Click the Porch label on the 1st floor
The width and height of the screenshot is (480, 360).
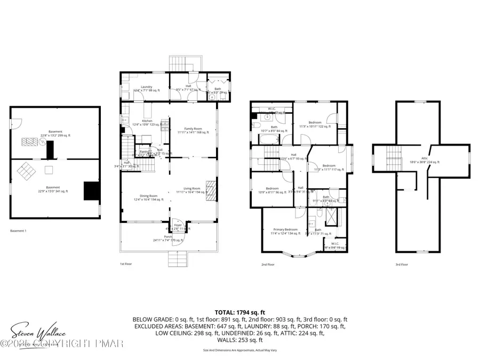pos(170,238)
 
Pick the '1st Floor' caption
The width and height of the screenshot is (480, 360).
pos(126,263)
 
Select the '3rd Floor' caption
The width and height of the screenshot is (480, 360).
pos(402,263)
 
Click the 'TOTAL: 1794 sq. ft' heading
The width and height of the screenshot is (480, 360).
pos(239,312)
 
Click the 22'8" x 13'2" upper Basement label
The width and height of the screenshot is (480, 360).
pos(55,133)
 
